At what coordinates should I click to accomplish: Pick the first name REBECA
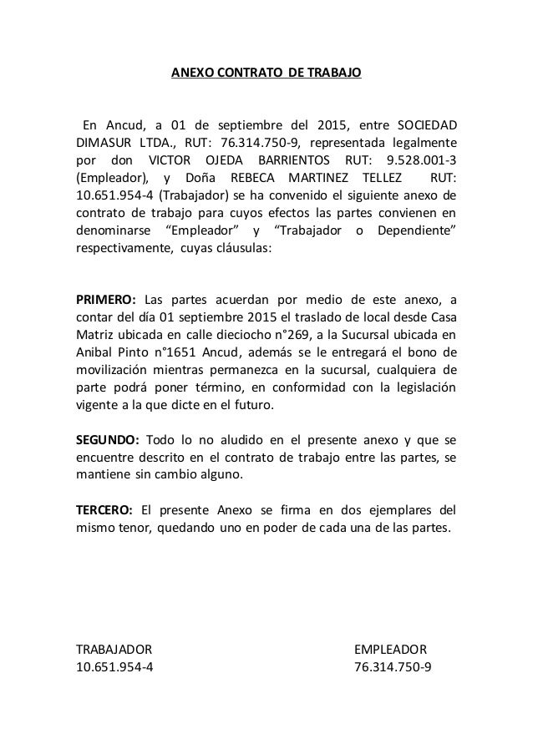click(247, 178)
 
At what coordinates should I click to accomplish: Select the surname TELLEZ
click(376, 178)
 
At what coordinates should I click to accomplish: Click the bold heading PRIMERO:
click(106, 300)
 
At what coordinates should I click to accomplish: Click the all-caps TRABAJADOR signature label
click(114, 649)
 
